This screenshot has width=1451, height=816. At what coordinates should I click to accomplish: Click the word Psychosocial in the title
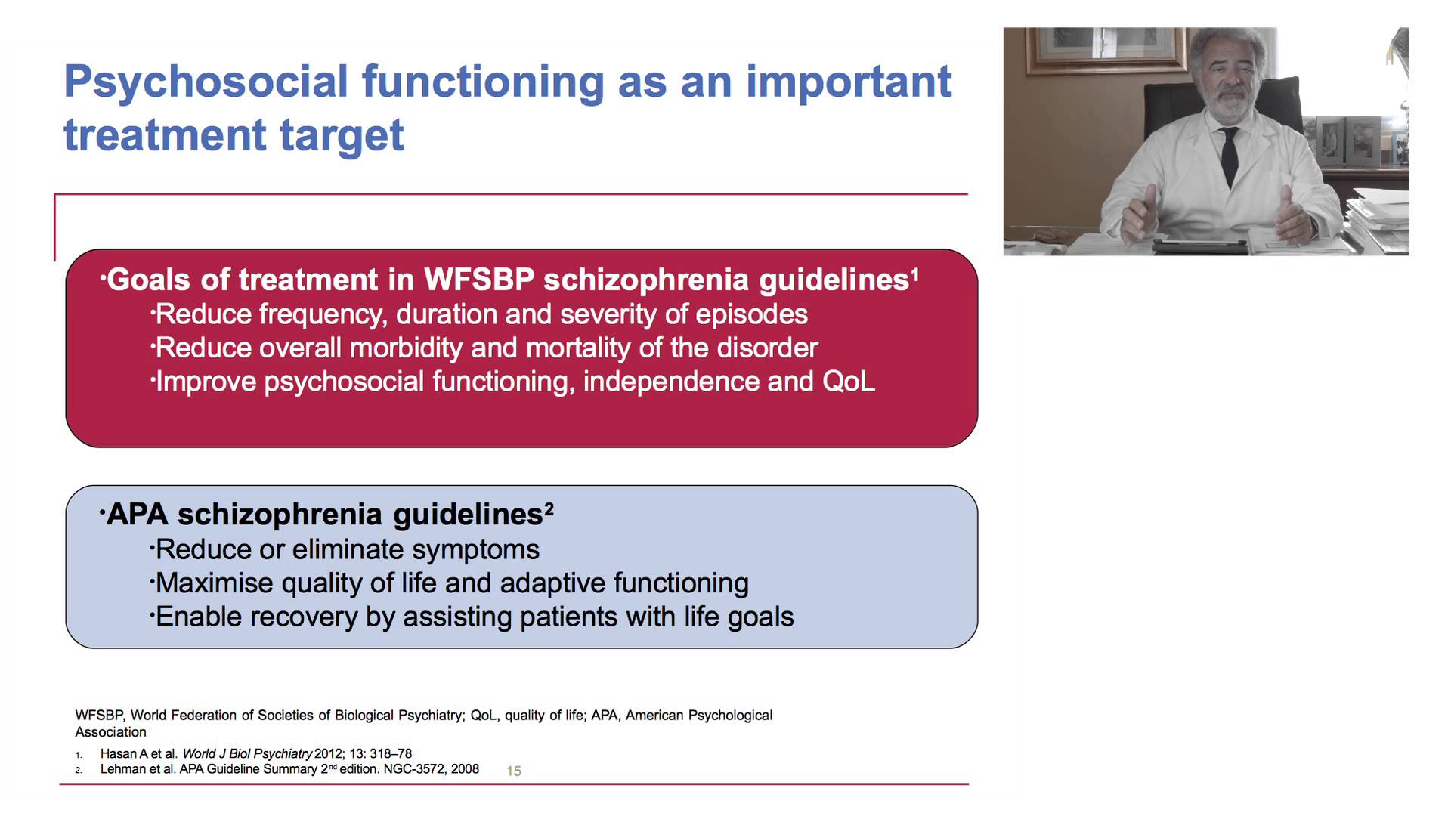206,82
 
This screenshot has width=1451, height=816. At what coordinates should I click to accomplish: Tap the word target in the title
342,135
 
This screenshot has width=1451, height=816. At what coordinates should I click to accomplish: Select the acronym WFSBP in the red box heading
478,280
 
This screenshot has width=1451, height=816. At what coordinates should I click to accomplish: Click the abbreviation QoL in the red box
849,382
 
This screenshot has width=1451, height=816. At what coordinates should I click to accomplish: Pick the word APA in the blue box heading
138,515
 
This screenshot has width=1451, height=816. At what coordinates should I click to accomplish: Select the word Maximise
215,583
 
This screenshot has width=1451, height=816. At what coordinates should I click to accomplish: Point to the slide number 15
514,771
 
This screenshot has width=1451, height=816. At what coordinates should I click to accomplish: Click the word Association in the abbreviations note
111,732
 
